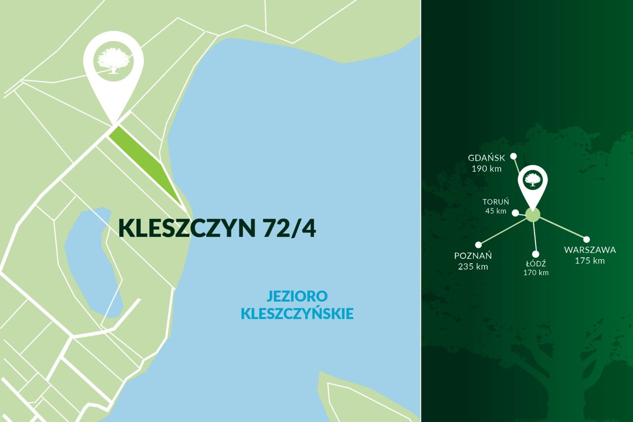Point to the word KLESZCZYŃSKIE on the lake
point(297,314)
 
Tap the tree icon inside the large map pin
point(114,61)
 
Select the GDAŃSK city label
point(487,158)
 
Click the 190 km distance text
point(487,169)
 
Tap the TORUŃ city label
point(496,202)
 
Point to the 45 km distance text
point(496,211)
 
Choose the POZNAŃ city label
point(473,256)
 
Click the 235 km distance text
point(473,267)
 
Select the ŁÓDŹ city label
point(536,264)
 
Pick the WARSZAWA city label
point(590,250)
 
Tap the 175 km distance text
point(590,261)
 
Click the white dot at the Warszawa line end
point(587,239)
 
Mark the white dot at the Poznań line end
point(478,245)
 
